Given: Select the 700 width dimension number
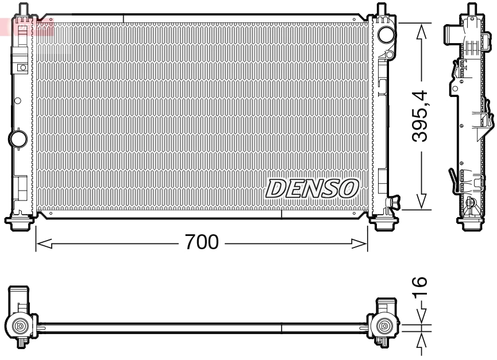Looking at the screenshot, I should click(x=201, y=243).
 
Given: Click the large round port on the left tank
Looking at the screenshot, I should click(x=18, y=138).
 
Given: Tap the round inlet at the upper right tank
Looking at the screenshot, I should click(x=385, y=34).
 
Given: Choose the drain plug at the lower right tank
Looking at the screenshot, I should click(x=394, y=202).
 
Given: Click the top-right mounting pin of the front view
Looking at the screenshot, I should click(x=381, y=10).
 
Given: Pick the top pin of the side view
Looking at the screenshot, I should click(x=472, y=9).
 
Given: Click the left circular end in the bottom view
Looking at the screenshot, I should click(x=20, y=326).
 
